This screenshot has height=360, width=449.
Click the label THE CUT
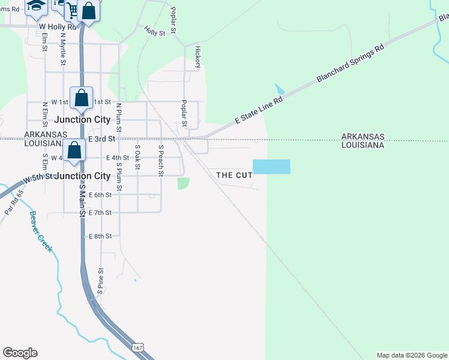[x=234, y=175]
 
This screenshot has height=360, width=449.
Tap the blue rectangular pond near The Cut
[x=271, y=167]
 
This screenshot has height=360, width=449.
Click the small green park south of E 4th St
[x=183, y=183]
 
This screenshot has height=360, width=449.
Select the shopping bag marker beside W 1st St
[x=81, y=97]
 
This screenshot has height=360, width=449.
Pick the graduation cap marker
[x=36, y=6]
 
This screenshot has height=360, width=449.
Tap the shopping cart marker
[x=73, y=10]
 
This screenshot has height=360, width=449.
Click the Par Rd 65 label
[x=13, y=202]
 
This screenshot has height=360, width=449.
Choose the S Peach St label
[x=161, y=160]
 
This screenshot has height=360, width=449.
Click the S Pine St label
[x=101, y=282]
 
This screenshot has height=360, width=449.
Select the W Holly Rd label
[x=58, y=27]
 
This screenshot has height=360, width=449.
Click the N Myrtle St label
[x=62, y=49]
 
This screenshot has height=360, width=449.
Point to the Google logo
[x=20, y=353]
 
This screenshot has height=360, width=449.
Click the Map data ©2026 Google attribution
[x=412, y=355]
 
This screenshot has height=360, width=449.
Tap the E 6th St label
[x=100, y=195]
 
